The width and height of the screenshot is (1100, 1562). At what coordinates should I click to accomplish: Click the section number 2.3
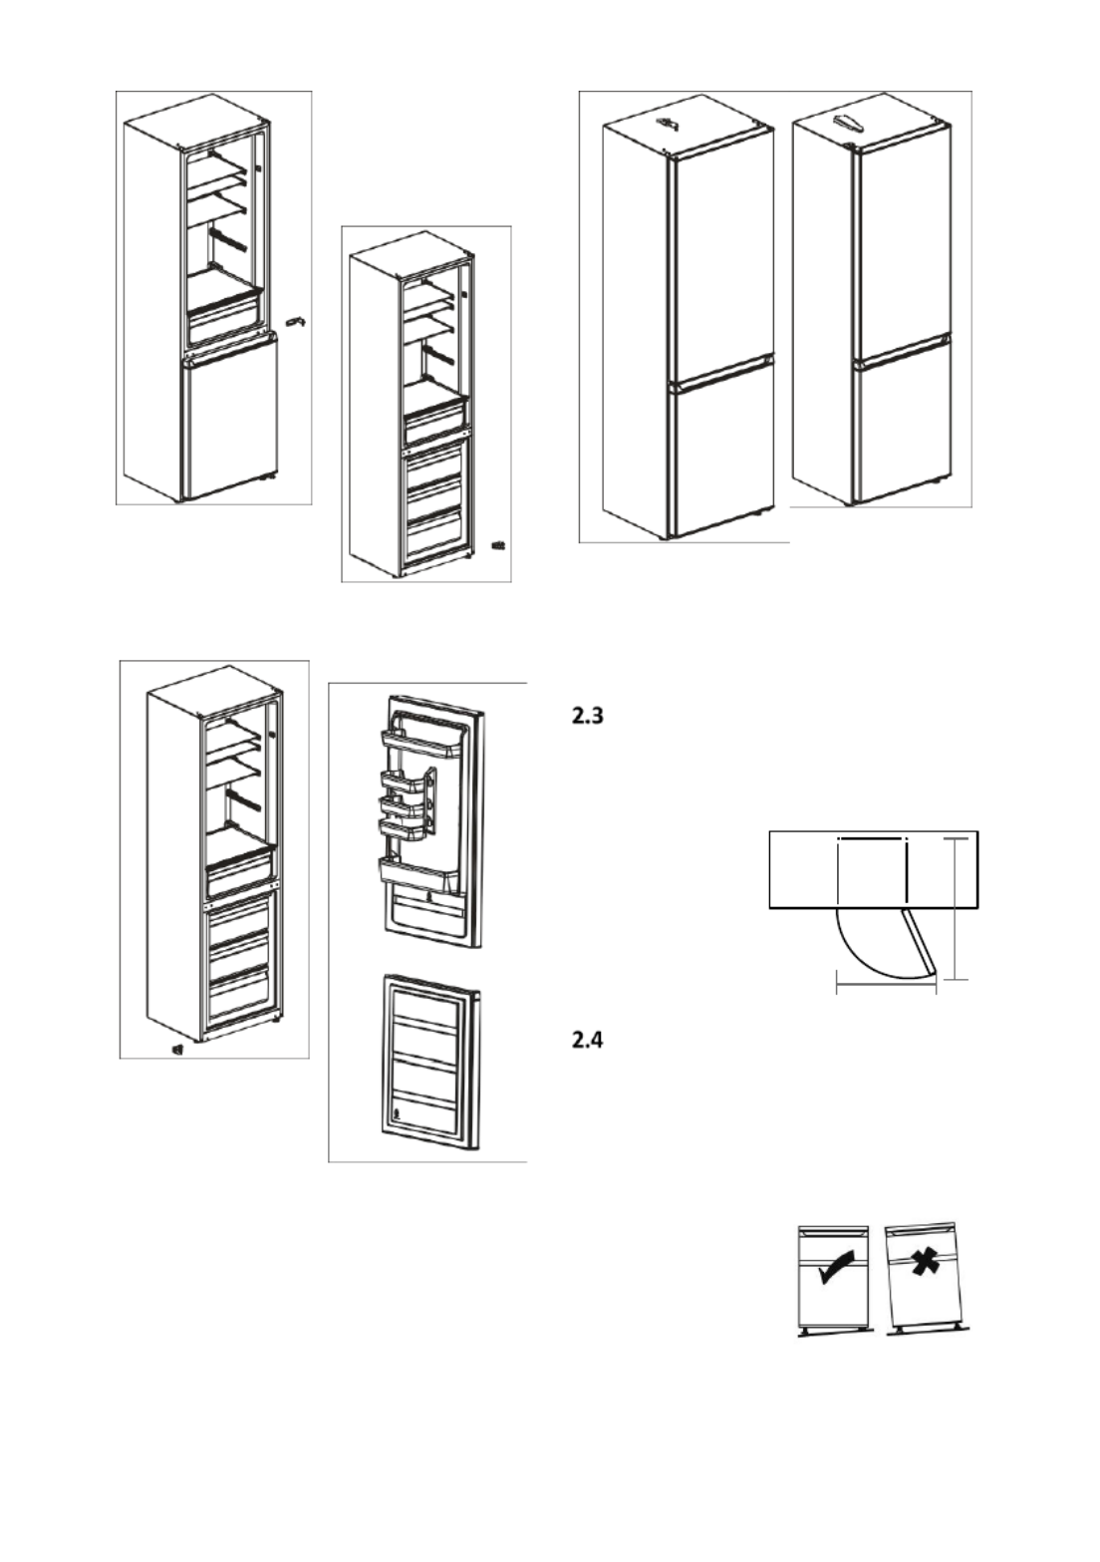pos(587,716)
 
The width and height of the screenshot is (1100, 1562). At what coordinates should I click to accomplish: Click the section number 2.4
pos(587,1041)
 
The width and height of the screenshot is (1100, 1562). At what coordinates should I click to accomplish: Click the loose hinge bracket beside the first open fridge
pos(296,321)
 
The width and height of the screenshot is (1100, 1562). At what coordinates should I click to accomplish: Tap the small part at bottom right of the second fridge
pos(499,544)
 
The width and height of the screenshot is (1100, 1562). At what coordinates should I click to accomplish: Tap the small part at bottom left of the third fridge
pos(177,1049)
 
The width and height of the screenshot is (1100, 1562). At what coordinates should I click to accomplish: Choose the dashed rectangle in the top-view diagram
pos(872,869)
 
